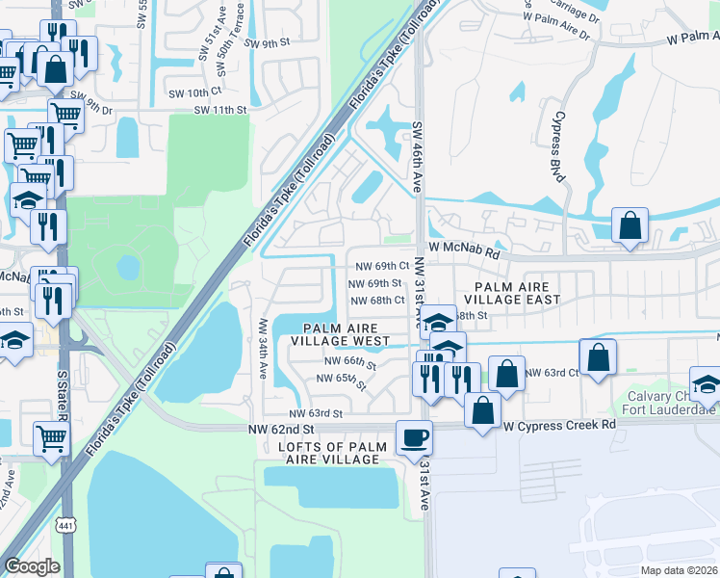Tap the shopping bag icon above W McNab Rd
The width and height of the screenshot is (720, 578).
point(630,227)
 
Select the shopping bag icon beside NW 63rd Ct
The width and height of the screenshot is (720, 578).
point(599,357)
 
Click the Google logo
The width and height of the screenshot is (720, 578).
point(33,565)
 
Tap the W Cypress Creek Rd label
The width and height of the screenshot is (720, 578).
point(559,425)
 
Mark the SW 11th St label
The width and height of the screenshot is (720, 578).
point(220,111)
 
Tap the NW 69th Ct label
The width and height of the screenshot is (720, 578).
point(382,265)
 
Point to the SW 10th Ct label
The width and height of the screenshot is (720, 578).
point(194,92)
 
